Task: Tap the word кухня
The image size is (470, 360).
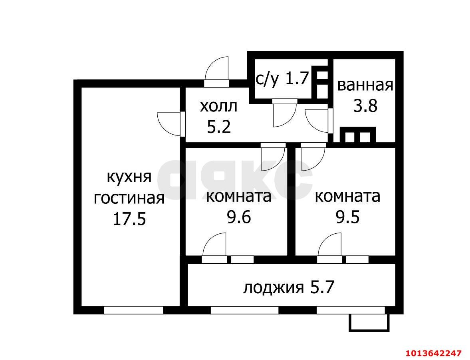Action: coord(129,177)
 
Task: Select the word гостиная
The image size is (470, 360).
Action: coord(129,198)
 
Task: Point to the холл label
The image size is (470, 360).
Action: coord(218,106)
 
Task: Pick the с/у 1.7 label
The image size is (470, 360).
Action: coord(282,79)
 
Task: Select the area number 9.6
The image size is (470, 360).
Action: coord(239,218)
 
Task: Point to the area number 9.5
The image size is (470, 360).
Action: coord(347,218)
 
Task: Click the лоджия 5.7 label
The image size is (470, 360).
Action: coord(288,287)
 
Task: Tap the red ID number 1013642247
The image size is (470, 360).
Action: coord(434,353)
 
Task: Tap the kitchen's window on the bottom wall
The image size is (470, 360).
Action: coord(134,310)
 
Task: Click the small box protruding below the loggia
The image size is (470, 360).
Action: coord(369,322)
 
